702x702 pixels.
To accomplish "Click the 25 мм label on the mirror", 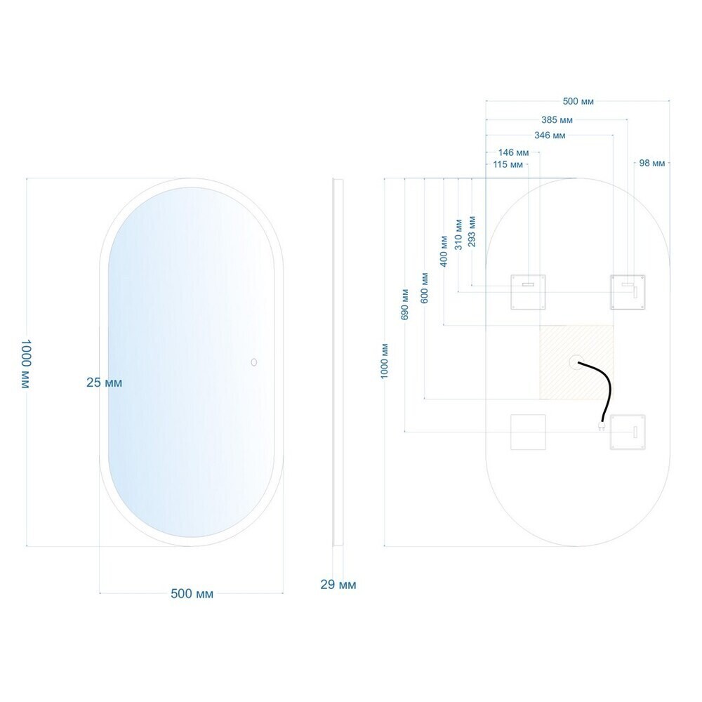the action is pos(105,383).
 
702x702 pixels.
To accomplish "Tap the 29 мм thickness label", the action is pos(338,585).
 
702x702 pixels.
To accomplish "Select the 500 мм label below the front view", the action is pos(192,594).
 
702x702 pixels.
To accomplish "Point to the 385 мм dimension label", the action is pos(557,120).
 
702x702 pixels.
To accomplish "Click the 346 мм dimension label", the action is pos(550,135).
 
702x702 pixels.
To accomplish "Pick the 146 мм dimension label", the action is pos(514,152).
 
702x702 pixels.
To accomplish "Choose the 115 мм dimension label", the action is pos(508,165).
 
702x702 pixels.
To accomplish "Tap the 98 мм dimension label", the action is pos(652,163).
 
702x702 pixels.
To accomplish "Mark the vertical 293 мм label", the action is pos(472,232).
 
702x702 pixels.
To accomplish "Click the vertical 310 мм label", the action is pos(458,234).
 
